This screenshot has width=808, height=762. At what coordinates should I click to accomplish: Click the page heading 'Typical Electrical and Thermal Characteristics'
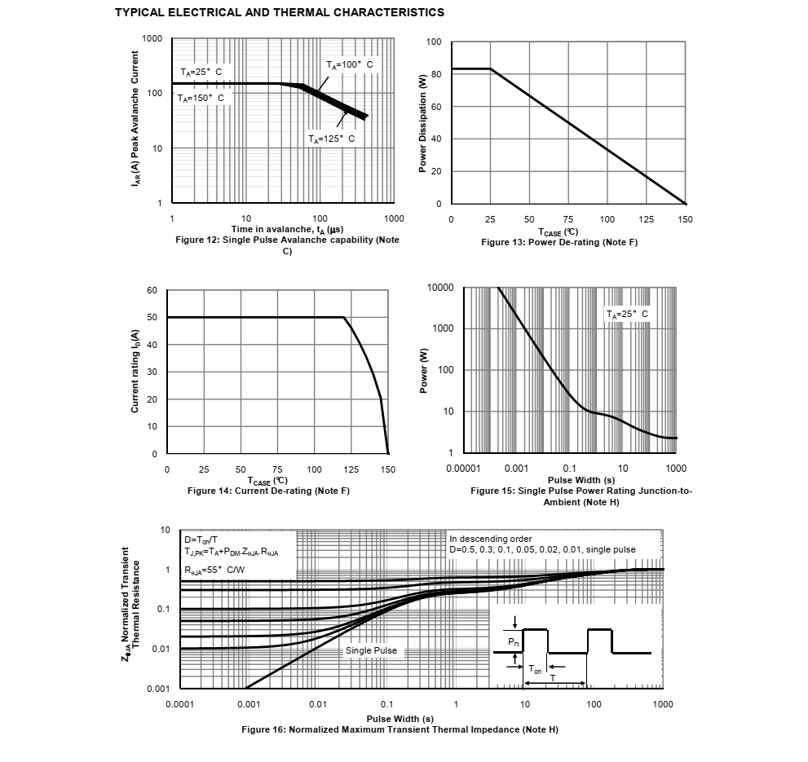[279, 12]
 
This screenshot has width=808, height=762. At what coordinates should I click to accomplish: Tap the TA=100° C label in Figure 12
[350, 64]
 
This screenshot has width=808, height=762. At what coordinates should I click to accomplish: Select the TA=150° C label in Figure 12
[201, 98]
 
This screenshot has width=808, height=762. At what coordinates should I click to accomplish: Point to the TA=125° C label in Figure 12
[332, 139]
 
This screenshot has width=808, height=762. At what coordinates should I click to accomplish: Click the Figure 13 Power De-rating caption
[559, 243]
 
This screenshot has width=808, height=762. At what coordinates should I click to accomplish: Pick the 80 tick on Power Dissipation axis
[436, 74]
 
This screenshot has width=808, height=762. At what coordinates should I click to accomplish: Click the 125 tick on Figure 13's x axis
[647, 220]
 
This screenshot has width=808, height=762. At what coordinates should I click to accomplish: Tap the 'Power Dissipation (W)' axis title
[422, 123]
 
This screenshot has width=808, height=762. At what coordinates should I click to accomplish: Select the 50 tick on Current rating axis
[152, 318]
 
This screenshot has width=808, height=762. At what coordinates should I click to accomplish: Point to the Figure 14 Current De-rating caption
[268, 491]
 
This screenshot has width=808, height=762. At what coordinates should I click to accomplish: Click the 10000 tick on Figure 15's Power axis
[440, 289]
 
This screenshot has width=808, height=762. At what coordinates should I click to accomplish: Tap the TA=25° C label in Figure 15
[627, 314]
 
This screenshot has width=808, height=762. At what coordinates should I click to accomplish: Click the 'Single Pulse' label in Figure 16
[372, 650]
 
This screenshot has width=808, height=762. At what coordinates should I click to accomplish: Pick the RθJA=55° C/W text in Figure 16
[214, 569]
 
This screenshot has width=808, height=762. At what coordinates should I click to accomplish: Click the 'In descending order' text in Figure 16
[491, 539]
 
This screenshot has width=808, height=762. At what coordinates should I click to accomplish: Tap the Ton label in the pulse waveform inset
[535, 669]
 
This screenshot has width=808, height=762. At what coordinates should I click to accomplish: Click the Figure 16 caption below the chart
[400, 729]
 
